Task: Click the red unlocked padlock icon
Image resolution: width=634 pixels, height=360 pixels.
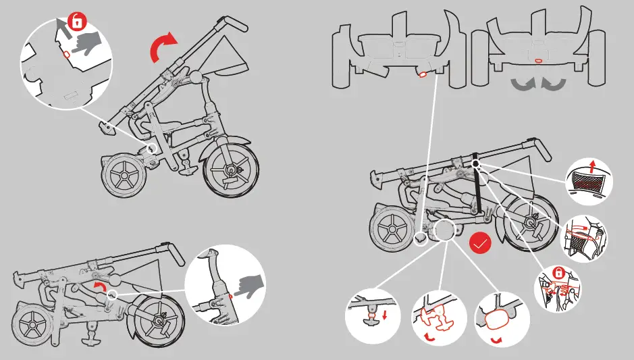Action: tap(78, 22)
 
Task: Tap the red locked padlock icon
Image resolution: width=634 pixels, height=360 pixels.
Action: tap(558, 273)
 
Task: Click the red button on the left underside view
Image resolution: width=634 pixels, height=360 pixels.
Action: tap(423, 74)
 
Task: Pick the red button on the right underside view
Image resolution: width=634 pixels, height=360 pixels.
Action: tap(538, 61)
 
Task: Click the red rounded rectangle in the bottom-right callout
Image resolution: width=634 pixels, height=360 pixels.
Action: tap(496, 319)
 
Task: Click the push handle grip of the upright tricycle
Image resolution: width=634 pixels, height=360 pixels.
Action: tap(232, 24)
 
